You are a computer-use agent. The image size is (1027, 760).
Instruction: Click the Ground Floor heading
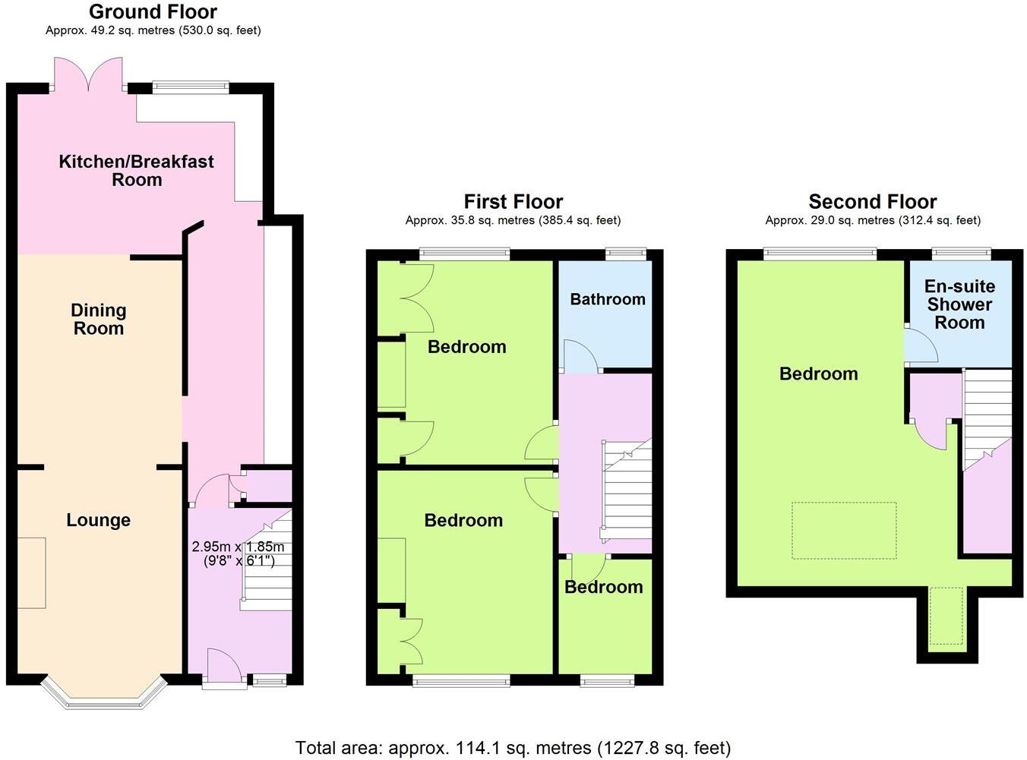point(153,12)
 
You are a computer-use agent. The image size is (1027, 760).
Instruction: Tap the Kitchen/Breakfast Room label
point(137,170)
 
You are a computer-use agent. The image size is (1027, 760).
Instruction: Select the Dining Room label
point(98,319)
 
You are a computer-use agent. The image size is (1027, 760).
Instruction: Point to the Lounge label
point(98,520)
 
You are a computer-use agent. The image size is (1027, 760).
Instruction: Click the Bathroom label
point(608,299)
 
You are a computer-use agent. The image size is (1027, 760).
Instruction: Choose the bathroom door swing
point(581,357)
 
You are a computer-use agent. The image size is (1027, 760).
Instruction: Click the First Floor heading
point(513,202)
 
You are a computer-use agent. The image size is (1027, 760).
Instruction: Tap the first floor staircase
point(627,490)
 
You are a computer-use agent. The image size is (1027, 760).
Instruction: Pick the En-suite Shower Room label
point(959,304)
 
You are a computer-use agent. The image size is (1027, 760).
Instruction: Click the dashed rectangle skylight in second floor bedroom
point(844,530)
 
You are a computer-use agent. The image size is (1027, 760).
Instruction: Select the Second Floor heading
point(872,202)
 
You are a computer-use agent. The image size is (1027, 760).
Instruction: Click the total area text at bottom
point(513,748)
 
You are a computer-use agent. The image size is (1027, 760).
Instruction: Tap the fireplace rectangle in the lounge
point(31,572)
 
